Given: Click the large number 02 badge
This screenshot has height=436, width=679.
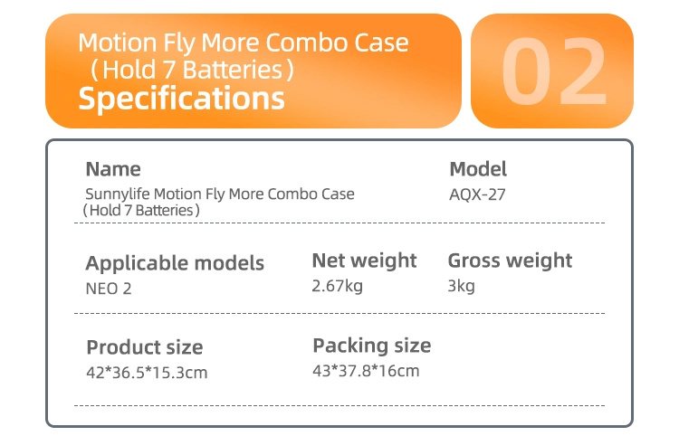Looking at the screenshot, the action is click(552, 71).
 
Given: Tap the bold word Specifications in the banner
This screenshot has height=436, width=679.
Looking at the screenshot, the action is click(181, 99).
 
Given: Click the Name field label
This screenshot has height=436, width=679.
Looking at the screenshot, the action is click(113, 169).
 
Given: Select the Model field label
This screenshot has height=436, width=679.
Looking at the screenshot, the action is click(478, 169).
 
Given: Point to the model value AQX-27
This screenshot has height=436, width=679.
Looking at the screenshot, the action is click(477, 194).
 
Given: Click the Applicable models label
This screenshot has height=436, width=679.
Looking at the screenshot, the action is click(175, 263).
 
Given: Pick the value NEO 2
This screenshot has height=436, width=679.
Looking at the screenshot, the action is click(109, 289).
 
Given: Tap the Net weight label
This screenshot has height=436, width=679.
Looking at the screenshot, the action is click(364, 261).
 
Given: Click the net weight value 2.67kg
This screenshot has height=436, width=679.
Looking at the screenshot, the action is click(338, 286).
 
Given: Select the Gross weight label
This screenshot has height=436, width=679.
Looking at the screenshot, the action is click(510, 261).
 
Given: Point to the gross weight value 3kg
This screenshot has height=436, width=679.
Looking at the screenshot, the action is click(461, 286).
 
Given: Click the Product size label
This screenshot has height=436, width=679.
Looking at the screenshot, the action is click(145, 347).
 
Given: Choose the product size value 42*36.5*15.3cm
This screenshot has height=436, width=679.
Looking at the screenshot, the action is click(147, 373).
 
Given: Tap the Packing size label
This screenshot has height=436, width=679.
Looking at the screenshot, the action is click(372, 346).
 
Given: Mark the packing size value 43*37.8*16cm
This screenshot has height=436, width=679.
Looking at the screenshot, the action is click(366, 371).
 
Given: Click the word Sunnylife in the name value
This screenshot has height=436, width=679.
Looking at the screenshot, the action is click(118, 194).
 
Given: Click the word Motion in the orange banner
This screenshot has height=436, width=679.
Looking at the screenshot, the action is click(118, 43).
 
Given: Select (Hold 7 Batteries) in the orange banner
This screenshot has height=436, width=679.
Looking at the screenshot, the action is click(192, 70).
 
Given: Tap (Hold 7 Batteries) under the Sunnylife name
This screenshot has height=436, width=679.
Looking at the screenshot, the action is click(141, 210).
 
